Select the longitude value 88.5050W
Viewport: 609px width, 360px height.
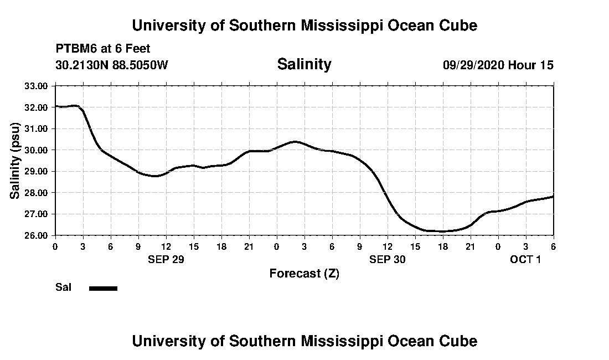coord(141,65)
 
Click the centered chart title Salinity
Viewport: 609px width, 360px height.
coord(304,64)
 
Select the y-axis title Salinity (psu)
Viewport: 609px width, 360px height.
coord(15,160)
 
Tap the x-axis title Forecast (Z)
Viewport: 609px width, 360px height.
coord(304,273)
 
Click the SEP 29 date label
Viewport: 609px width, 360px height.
coord(166,259)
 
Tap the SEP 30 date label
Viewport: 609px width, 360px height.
coord(388,259)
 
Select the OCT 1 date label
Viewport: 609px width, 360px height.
coord(525,259)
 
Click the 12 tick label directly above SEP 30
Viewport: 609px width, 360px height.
coord(388,246)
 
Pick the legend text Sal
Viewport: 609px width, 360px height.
coord(63,287)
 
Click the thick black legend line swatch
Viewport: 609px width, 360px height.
coord(104,288)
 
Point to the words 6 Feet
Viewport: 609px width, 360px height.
coord(132,49)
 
